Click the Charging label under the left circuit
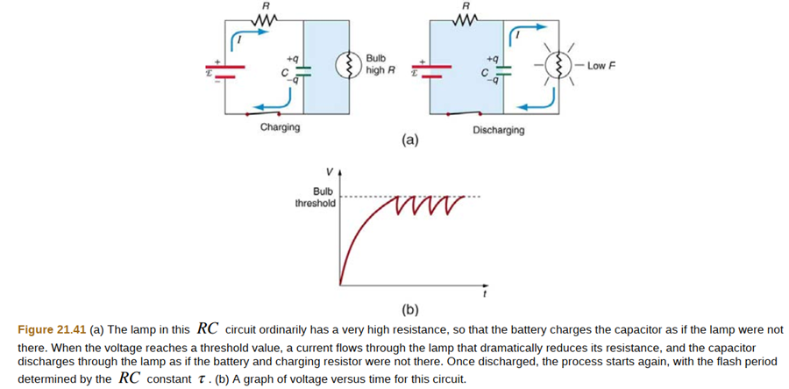coord(280,127)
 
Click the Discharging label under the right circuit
coord(498,130)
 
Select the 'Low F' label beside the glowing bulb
coord(602,66)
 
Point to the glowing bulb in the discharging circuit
coord(557,66)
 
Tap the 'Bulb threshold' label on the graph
coord(316,197)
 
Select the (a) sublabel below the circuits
coord(409,140)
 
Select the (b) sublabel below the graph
coord(409,309)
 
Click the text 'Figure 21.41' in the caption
coord(52,330)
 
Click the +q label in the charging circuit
coord(294,55)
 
